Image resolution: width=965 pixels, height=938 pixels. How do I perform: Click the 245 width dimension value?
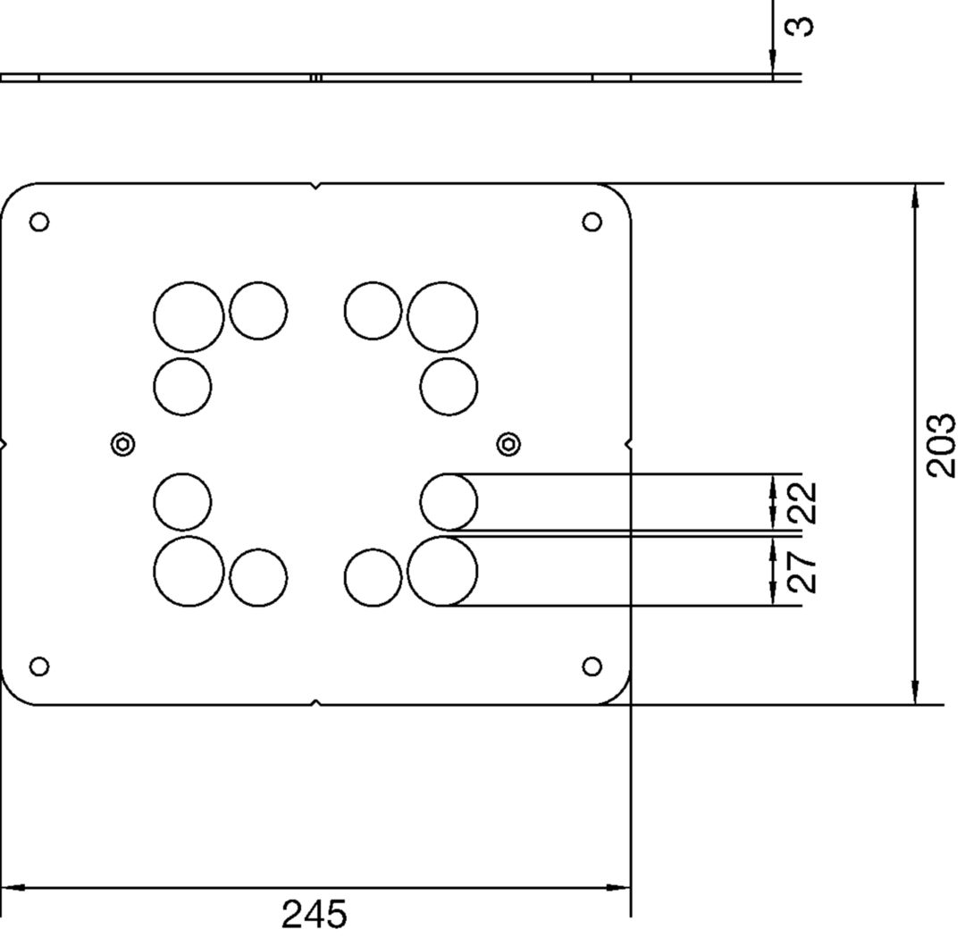coord(314,914)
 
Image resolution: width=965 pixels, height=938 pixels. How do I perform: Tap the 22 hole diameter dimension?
coord(802,503)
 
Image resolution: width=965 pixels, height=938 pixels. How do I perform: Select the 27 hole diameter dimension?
coord(802,572)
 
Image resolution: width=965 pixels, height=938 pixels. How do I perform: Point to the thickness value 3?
coord(800,26)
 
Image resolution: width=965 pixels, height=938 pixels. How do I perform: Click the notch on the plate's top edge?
coord(315,186)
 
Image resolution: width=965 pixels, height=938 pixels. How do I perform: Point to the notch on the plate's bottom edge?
coord(315,701)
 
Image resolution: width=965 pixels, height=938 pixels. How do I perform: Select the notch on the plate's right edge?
coord(628,444)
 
